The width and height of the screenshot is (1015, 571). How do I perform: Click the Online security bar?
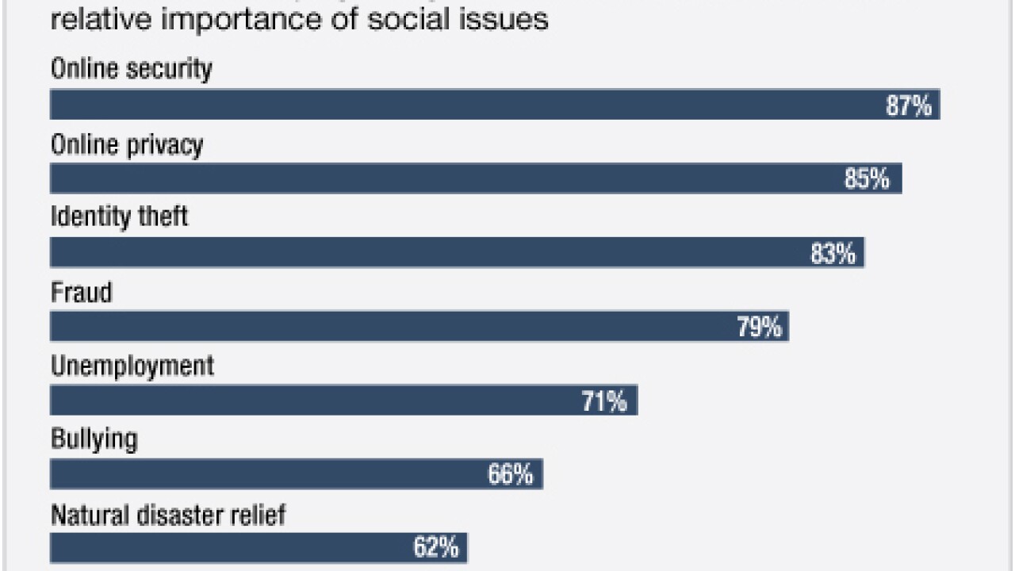tap(476, 105)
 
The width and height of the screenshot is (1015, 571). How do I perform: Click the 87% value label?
tap(909, 105)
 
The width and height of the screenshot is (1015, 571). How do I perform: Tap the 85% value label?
tap(867, 179)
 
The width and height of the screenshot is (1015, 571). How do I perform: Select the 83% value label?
tap(833, 253)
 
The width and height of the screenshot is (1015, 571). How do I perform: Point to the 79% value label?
tap(759, 327)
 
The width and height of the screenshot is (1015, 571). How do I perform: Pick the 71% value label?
tap(604, 401)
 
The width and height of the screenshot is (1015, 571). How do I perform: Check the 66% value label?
tap(510, 475)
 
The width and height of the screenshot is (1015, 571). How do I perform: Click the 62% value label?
tap(435, 547)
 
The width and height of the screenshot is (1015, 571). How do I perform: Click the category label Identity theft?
tap(120, 217)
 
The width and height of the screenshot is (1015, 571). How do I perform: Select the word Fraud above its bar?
tap(82, 293)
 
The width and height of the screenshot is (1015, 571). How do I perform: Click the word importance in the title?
tap(246, 18)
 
